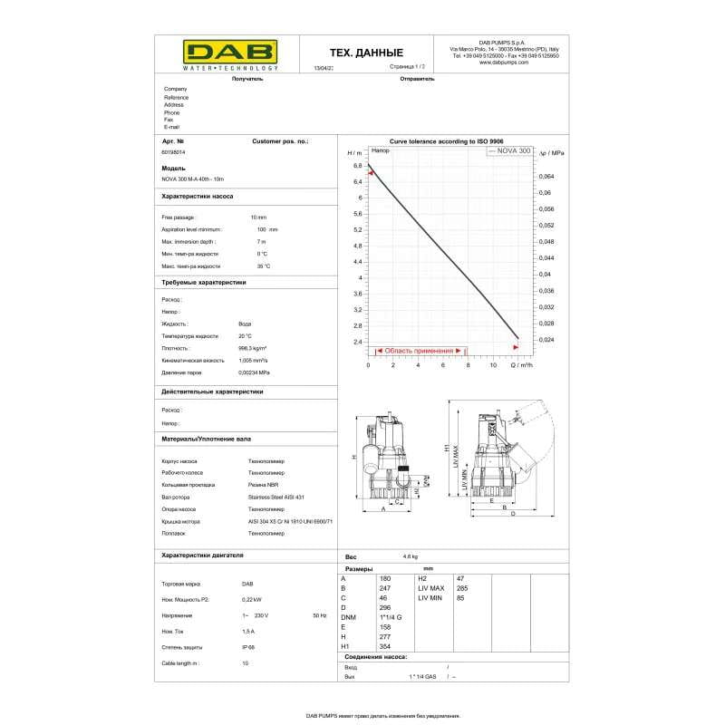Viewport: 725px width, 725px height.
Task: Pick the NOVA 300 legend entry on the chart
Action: click(x=509, y=150)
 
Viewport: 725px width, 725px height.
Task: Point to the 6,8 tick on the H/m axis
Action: click(x=357, y=166)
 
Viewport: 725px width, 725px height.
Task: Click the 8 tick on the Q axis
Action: click(x=468, y=365)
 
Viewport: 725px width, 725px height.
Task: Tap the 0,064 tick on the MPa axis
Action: click(x=547, y=177)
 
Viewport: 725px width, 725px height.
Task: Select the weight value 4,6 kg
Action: click(x=410, y=556)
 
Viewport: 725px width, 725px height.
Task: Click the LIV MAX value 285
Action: click(x=462, y=588)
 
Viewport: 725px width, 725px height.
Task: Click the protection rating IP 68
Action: click(x=248, y=647)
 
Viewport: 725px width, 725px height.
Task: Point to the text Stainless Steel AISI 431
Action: click(x=276, y=498)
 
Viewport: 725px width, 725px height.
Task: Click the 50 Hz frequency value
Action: click(x=318, y=615)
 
